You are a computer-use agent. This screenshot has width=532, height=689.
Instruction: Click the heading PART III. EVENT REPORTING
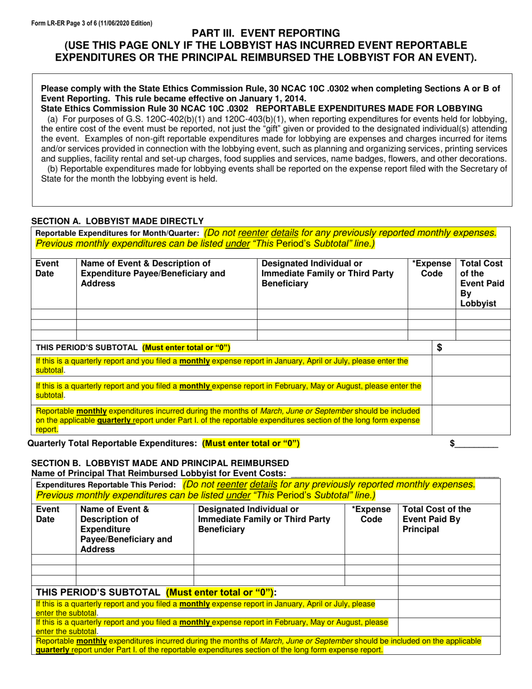[266, 33]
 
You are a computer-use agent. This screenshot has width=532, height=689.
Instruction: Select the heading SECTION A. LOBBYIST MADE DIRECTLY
[117, 221]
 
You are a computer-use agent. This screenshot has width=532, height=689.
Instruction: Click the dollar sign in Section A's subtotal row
[440, 348]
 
